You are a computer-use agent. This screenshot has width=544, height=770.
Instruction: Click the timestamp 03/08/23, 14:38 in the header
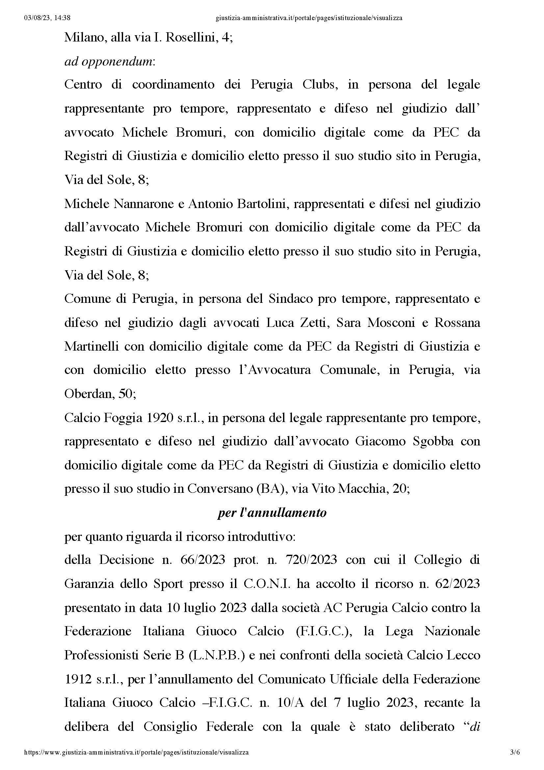[x=47, y=18]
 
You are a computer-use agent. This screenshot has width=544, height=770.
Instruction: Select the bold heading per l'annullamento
[x=272, y=513]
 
